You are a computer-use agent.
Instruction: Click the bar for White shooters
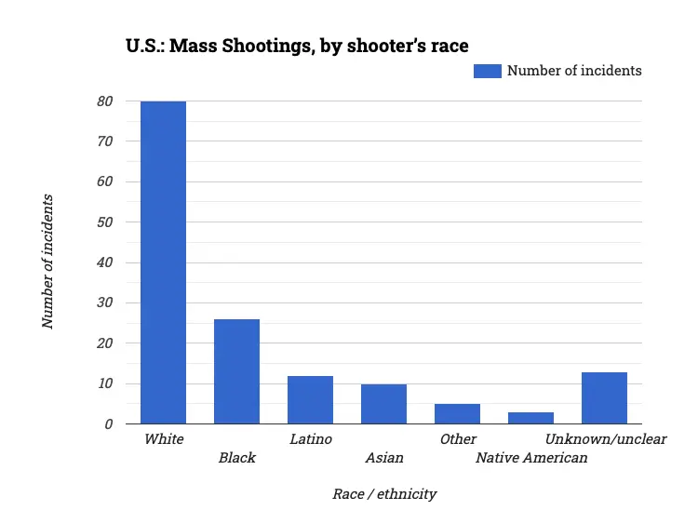click(163, 262)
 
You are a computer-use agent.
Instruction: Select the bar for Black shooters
click(236, 371)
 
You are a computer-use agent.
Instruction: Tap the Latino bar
click(310, 399)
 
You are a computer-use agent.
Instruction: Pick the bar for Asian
click(383, 404)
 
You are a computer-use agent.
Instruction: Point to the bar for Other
click(457, 413)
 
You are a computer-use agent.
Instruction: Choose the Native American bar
click(530, 418)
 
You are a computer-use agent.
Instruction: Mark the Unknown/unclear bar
click(604, 397)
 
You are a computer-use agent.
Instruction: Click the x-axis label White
click(164, 438)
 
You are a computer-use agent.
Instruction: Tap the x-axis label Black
click(236, 458)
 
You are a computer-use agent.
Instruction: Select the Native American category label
click(531, 458)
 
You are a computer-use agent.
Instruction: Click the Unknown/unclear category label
click(606, 438)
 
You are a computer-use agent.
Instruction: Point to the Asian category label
click(384, 458)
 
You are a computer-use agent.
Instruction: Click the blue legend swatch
click(488, 71)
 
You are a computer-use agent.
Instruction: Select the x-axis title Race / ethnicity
click(384, 494)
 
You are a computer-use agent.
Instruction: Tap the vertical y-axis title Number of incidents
click(47, 262)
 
